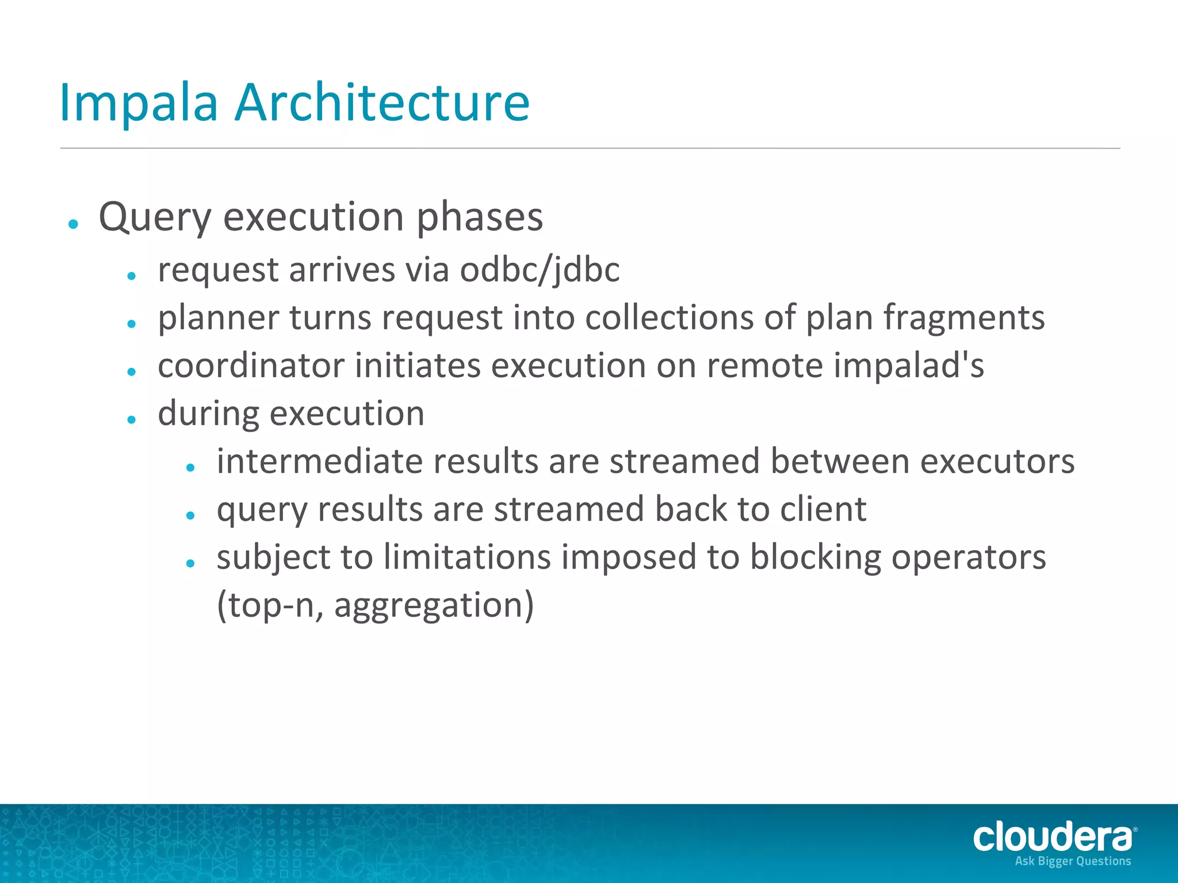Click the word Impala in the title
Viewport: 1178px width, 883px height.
click(139, 103)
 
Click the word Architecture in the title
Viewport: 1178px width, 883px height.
click(382, 103)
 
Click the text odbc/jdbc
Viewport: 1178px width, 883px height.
click(540, 270)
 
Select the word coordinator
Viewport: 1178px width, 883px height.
click(251, 366)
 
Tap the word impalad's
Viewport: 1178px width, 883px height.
click(908, 366)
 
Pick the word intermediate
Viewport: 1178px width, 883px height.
click(319, 462)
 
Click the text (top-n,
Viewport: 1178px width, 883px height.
click(270, 606)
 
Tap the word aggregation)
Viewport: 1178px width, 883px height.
click(434, 606)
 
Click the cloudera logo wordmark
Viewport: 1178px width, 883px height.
click(1053, 837)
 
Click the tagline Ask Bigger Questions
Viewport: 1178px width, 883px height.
click(1073, 861)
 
